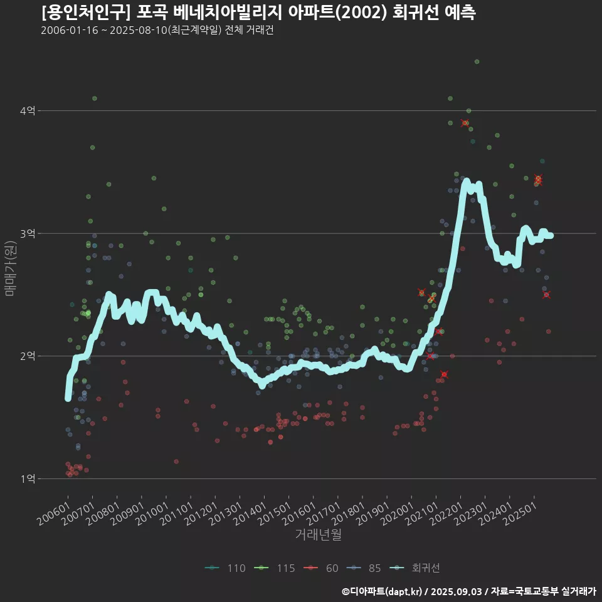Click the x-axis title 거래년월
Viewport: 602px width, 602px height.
coord(318,535)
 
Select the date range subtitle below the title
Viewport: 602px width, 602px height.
coord(157,30)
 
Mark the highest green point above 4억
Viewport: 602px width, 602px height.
coord(477,61)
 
